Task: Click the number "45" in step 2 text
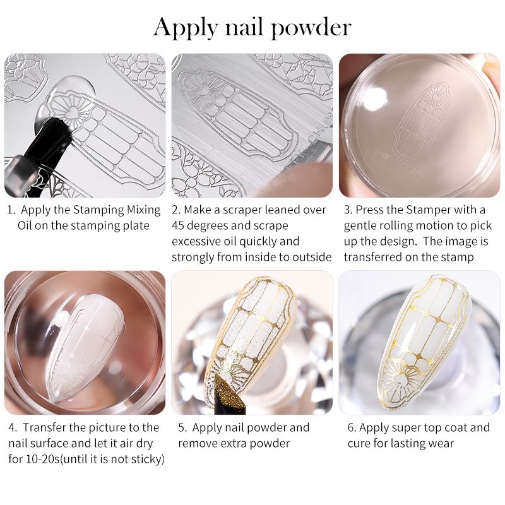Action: pos(177,225)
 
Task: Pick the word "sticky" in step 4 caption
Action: pos(144,460)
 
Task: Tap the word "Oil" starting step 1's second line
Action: pos(25,225)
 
